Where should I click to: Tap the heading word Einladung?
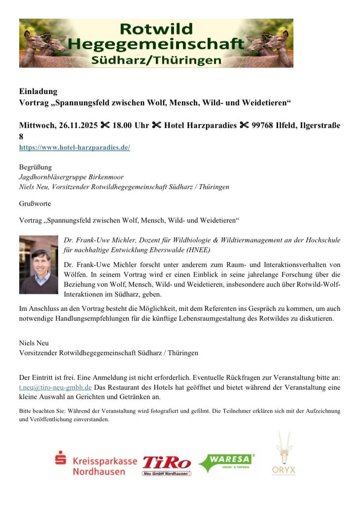38,92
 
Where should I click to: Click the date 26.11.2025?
74,126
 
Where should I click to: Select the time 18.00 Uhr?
131,126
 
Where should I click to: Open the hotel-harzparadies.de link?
74,147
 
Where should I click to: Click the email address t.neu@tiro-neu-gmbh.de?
55,387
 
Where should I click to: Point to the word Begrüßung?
36,167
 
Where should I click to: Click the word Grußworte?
35,203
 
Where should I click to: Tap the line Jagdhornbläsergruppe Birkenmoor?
72,177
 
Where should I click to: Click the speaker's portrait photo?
38,264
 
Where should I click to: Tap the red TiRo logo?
167,464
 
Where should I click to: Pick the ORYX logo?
284,454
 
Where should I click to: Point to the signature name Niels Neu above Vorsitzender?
34,343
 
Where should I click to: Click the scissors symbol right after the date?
105,126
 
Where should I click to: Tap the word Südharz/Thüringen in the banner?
156,60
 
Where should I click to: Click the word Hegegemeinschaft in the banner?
156,44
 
